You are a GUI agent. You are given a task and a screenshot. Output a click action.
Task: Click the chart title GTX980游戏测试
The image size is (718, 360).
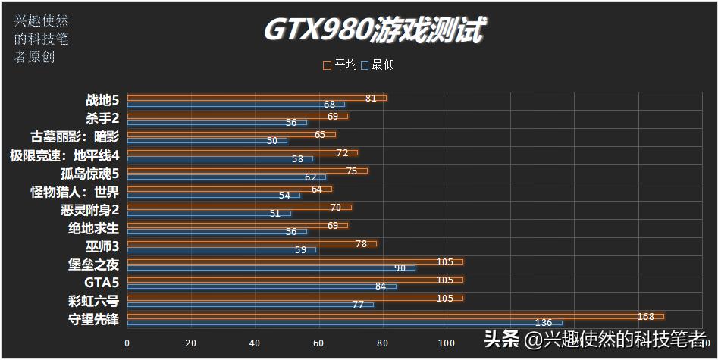(x=375, y=31)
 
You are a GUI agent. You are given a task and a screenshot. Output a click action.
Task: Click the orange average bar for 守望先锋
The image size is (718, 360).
(x=394, y=316)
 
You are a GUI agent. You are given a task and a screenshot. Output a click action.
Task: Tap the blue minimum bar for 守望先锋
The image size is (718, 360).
(x=344, y=323)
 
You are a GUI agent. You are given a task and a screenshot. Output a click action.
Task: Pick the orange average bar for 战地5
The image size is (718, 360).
(x=256, y=98)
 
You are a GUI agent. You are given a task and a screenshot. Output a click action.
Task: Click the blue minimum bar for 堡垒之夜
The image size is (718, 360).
(x=271, y=268)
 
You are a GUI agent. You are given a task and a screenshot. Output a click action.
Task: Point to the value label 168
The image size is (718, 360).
(x=646, y=316)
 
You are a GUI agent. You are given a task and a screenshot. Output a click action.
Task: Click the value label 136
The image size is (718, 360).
(x=544, y=323)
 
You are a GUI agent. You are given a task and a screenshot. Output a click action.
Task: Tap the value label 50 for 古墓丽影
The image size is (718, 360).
(x=272, y=140)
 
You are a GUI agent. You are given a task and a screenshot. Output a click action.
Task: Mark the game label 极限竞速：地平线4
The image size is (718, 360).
(x=65, y=155)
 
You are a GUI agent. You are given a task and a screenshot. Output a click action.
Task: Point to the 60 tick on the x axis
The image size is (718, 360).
(x=318, y=343)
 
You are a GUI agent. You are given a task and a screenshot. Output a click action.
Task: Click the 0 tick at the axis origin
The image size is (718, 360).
(x=127, y=343)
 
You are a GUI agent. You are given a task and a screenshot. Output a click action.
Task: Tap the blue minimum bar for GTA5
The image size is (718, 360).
(x=262, y=286)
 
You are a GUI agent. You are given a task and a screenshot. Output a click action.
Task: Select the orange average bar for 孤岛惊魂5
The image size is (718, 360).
(x=247, y=171)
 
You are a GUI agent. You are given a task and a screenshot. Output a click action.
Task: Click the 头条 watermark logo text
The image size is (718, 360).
(x=501, y=339)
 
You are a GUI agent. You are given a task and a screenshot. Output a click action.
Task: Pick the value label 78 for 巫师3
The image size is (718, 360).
(x=362, y=243)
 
